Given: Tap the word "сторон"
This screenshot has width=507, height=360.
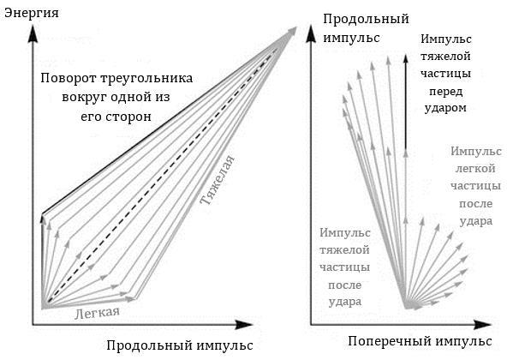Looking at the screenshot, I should point(128,116).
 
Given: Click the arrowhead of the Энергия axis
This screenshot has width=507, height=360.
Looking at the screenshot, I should point(33,27).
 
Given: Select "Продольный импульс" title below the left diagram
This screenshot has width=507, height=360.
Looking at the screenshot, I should point(179,345).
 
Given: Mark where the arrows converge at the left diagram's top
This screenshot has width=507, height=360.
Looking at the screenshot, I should point(296,29).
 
